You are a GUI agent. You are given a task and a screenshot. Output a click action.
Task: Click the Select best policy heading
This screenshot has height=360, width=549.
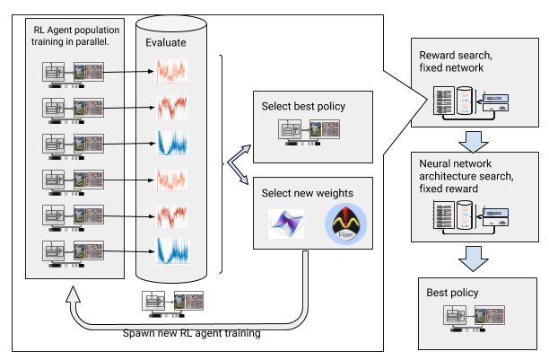(303, 107)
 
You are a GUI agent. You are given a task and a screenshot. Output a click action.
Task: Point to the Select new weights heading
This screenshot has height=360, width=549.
(308, 193)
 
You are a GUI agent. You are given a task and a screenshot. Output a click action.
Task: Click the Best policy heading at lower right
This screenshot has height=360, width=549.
(454, 293)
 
